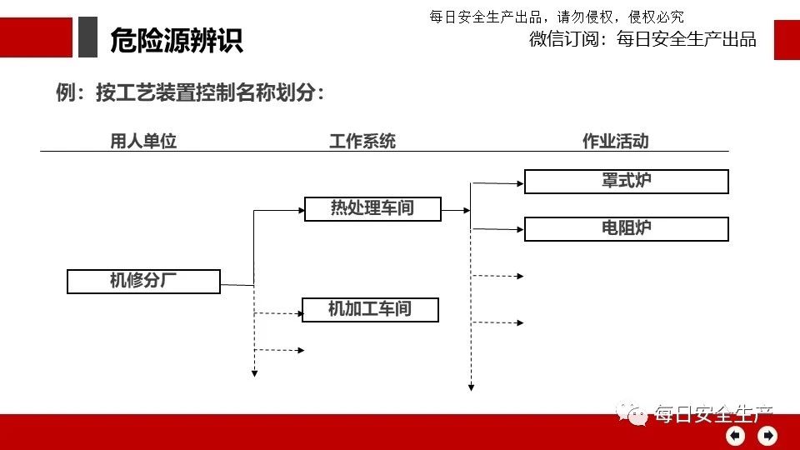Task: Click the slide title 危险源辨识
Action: click(176, 40)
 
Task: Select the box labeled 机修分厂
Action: click(143, 282)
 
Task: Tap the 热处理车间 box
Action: click(372, 208)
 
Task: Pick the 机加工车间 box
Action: click(370, 310)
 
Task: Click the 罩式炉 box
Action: click(626, 182)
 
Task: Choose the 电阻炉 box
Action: click(626, 229)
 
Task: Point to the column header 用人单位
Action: click(143, 141)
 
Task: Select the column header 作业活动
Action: click(615, 141)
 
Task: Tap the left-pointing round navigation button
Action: click(735, 435)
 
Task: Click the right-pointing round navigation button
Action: click(767, 435)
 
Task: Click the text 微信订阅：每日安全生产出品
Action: click(642, 39)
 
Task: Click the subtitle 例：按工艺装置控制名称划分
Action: click(189, 93)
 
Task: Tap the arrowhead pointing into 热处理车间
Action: click(301, 210)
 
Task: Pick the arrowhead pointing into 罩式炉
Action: click(520, 181)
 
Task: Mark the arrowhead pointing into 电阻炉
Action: click(520, 228)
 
